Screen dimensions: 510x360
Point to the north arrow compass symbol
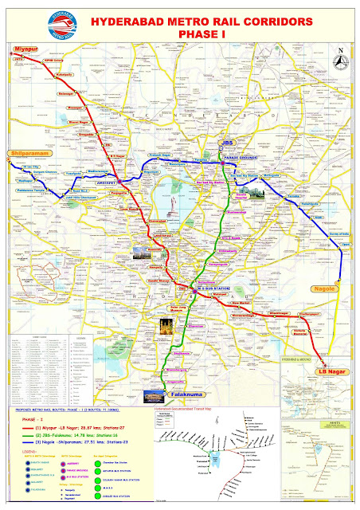coord(340,66)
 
